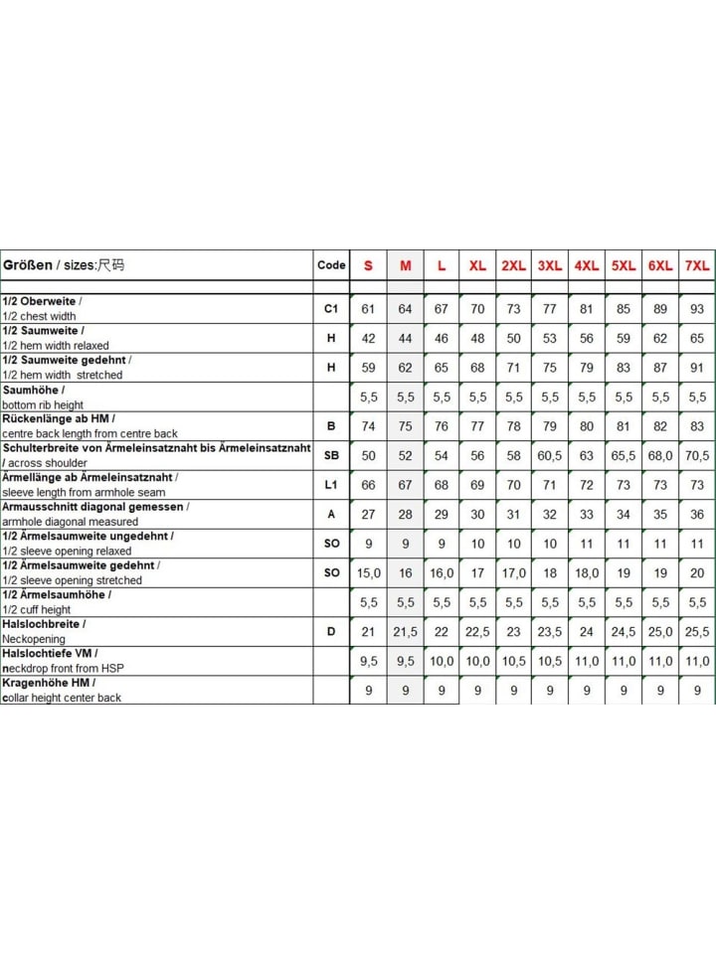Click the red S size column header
[x=369, y=266]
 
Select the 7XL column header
[x=696, y=266]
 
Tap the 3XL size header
[x=550, y=266]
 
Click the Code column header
[x=331, y=265]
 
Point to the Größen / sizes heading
[x=64, y=265]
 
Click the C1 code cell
[x=331, y=308]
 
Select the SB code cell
[x=331, y=455]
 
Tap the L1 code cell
[x=331, y=484]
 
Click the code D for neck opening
[x=331, y=631]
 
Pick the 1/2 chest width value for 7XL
[x=696, y=308]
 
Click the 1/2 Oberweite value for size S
[x=369, y=308]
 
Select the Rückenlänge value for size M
[x=405, y=425]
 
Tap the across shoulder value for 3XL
[x=550, y=455]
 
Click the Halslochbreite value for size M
[x=405, y=631]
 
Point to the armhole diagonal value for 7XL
[x=696, y=514]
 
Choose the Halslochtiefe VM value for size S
[x=369, y=661]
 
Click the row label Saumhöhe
[x=35, y=391]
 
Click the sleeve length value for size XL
[x=477, y=484]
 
